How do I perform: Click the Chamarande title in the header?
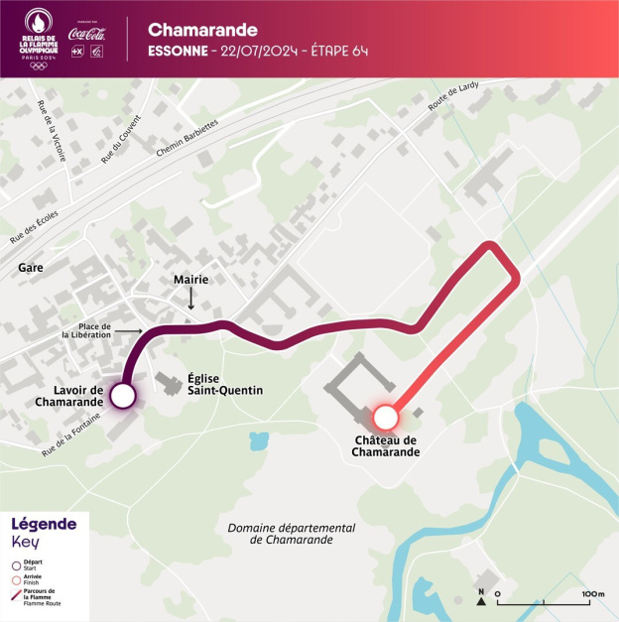(x=202, y=30)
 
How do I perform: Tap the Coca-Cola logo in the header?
(x=87, y=32)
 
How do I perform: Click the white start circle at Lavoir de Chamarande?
(x=122, y=397)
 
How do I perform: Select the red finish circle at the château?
(x=384, y=417)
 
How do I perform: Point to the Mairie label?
(x=190, y=280)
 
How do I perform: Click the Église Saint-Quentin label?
(x=225, y=384)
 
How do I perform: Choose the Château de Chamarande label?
(x=385, y=446)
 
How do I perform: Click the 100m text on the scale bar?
(x=593, y=594)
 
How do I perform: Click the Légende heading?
(x=44, y=524)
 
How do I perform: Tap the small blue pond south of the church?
(x=260, y=439)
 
